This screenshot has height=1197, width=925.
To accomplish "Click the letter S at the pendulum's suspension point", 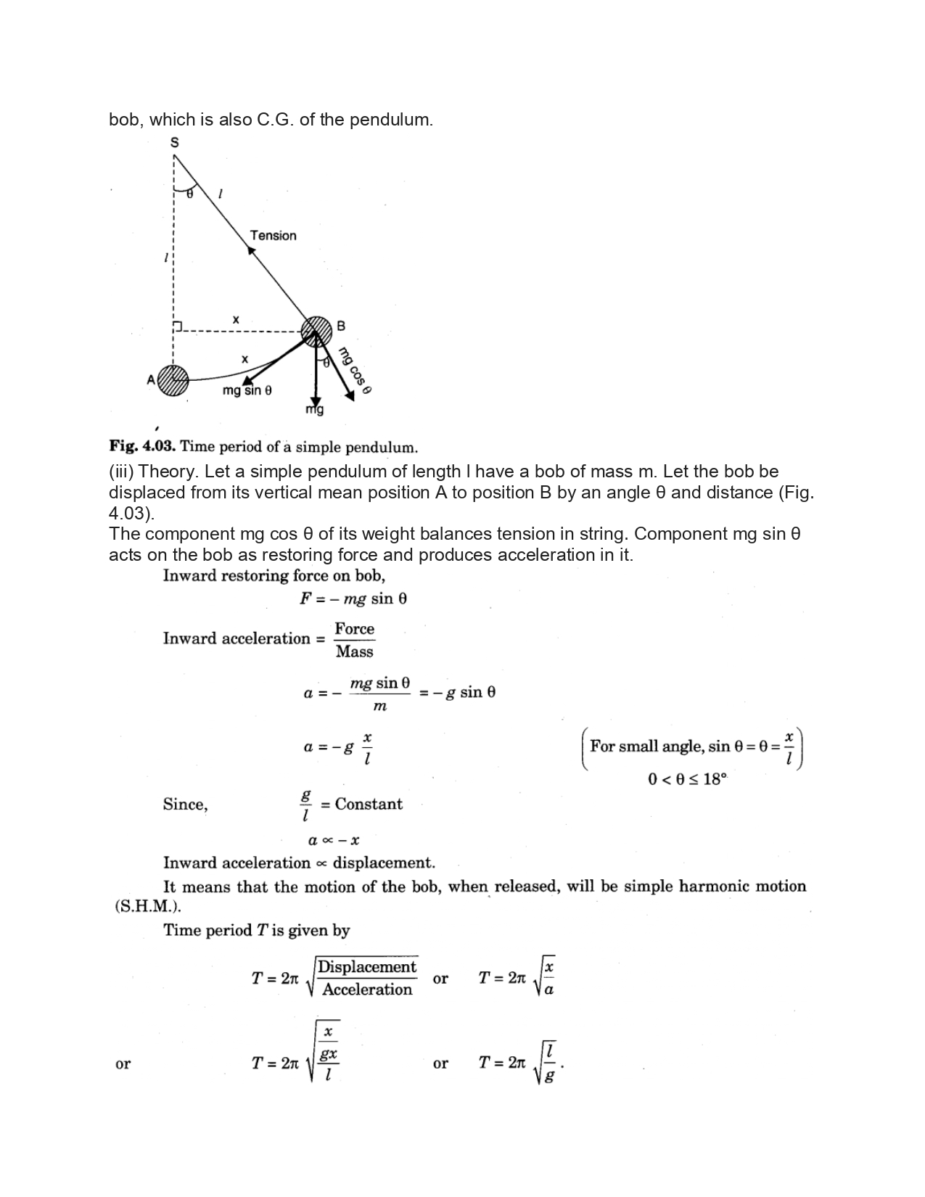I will (x=174, y=143).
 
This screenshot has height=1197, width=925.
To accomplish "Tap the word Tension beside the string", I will (x=273, y=236).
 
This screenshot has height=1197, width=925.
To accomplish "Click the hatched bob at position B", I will (x=316, y=332).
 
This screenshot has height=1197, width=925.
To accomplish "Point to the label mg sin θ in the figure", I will (x=247, y=391).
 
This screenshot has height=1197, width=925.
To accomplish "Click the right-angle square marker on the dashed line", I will (x=178, y=326).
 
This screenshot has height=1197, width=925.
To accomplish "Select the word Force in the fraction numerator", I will (x=354, y=629).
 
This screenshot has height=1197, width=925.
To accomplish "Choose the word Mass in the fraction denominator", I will (x=354, y=651).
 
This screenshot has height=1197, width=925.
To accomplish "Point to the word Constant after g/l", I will (x=369, y=804).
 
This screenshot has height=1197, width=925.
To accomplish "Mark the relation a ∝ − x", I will (x=334, y=841).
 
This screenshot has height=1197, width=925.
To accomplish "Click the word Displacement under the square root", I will (x=367, y=967).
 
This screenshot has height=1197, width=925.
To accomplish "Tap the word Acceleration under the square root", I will (x=367, y=990).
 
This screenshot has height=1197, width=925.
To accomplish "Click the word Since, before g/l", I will (x=185, y=804).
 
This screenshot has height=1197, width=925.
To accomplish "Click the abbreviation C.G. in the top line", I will (x=276, y=120).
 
